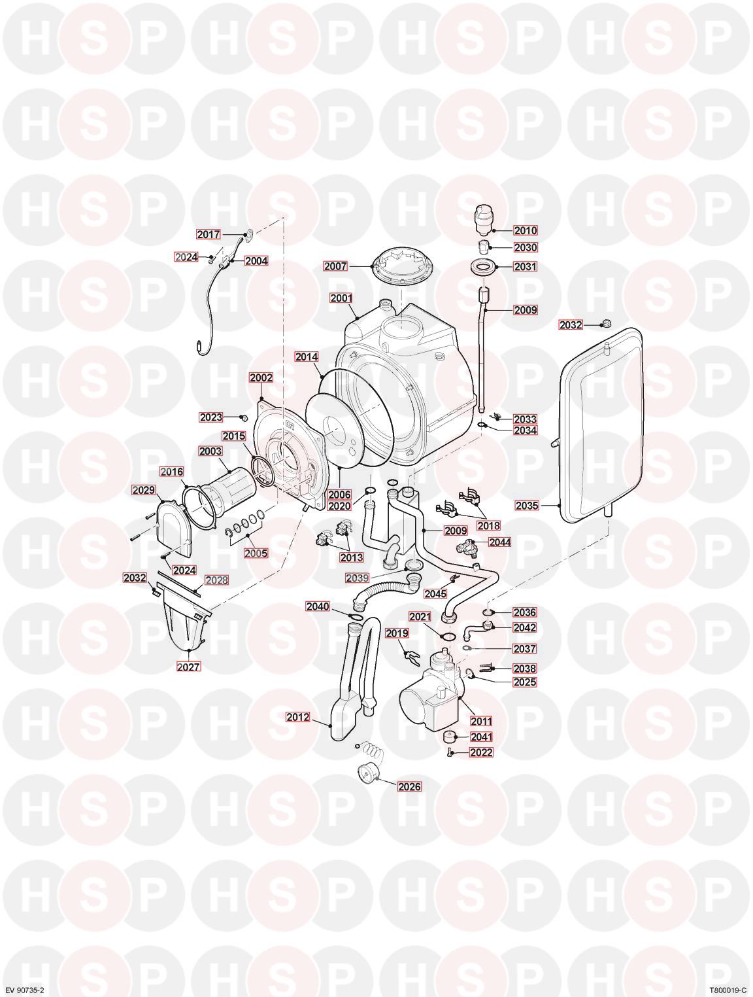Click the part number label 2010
point(526,231)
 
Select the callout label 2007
point(335,266)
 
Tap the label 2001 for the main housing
point(341,298)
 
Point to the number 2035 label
point(527,505)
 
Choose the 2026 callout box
point(409,786)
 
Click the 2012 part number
point(298,717)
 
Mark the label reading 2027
point(188,667)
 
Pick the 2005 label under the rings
point(256,553)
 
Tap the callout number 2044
point(500,542)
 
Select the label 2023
point(211,417)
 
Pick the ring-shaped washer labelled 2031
point(484,267)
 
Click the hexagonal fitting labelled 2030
point(485,247)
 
